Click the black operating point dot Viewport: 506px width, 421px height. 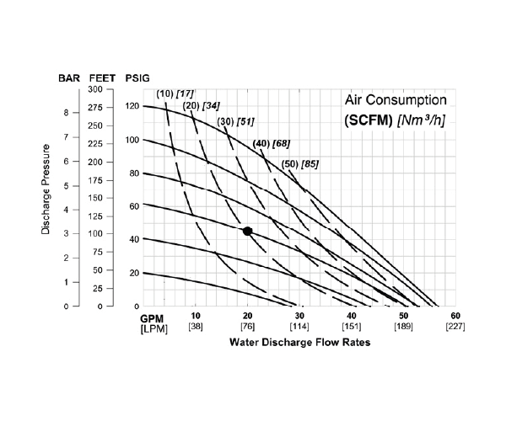pos(247,231)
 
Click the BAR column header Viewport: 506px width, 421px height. pos(69,77)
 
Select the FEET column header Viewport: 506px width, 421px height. pos(102,77)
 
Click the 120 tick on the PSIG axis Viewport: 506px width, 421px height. pos(132,106)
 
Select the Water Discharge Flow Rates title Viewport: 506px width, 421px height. pos(299,344)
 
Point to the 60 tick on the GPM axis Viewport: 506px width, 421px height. pos(455,316)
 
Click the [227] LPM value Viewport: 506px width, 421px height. pos(455,326)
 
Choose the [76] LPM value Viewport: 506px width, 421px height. pos(247,326)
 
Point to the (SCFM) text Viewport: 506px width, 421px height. pos(368,120)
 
